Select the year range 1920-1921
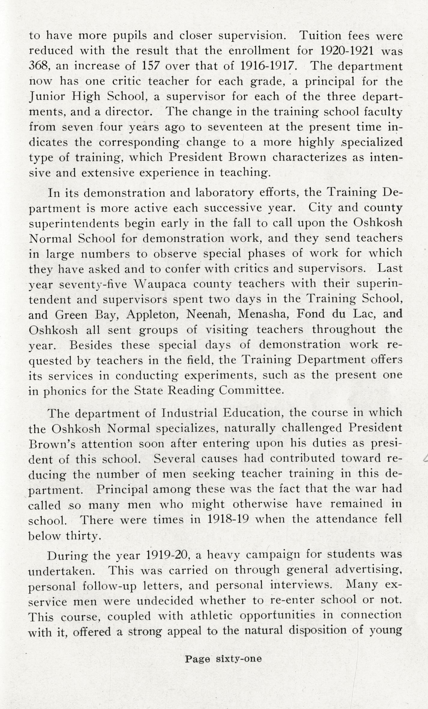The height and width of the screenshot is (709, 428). click(x=347, y=51)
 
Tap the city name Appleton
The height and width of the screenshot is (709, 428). click(x=152, y=315)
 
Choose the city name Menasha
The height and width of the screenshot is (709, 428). click(x=263, y=314)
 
